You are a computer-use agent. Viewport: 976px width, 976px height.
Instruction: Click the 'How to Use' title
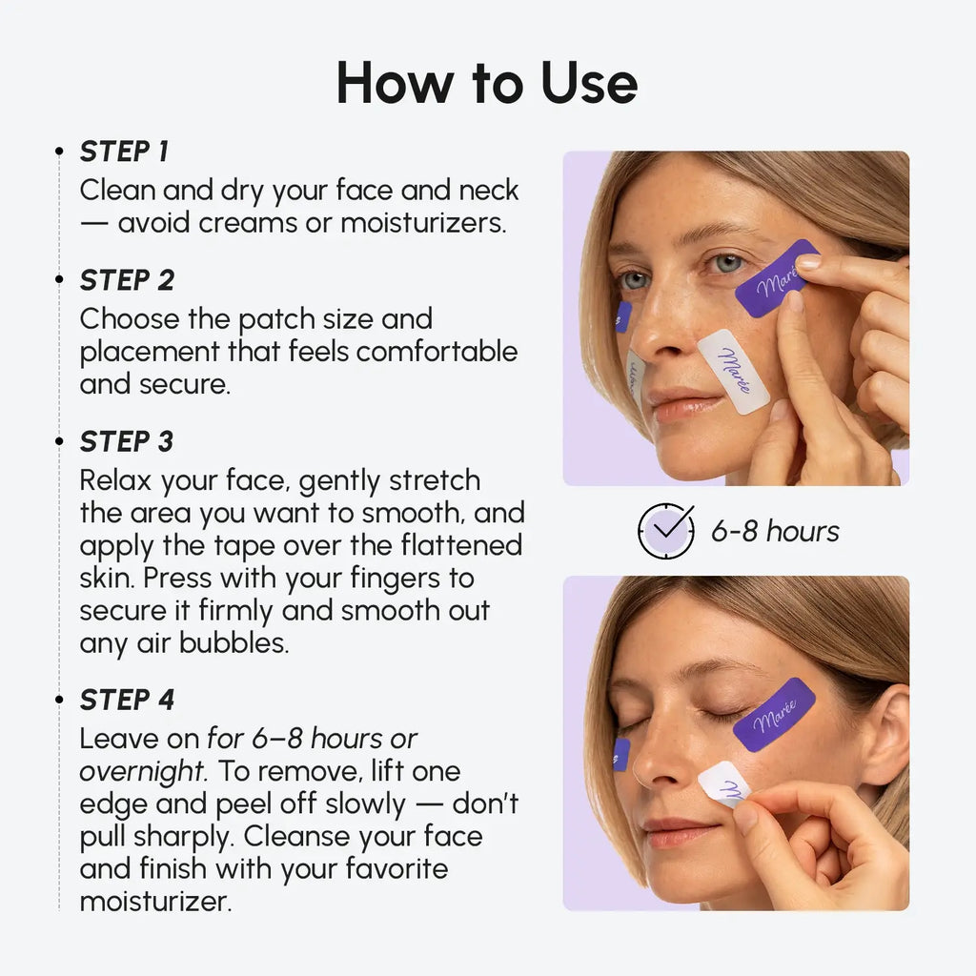pyautogui.click(x=487, y=83)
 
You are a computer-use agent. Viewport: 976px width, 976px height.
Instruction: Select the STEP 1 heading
pyautogui.click(x=124, y=152)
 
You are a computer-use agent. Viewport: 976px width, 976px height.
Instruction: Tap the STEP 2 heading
pyautogui.click(x=127, y=280)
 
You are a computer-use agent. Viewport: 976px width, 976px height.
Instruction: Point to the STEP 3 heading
pyautogui.click(x=127, y=442)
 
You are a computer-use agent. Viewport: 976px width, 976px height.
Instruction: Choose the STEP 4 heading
pyautogui.click(x=127, y=700)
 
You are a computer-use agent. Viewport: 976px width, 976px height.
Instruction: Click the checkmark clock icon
pyautogui.click(x=665, y=531)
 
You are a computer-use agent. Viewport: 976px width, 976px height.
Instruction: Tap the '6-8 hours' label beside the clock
pyautogui.click(x=775, y=531)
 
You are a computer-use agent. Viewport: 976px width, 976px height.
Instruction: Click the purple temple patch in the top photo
pyautogui.click(x=777, y=278)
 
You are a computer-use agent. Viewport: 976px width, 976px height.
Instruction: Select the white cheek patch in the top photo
pyautogui.click(x=734, y=371)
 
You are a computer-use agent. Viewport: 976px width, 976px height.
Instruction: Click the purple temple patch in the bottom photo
pyautogui.click(x=774, y=714)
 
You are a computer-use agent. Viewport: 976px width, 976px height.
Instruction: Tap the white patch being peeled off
pyautogui.click(x=723, y=783)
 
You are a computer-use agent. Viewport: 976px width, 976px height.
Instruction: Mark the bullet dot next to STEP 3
pyautogui.click(x=59, y=442)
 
